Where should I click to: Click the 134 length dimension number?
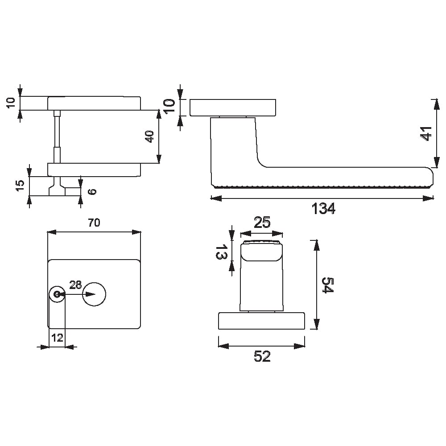323,208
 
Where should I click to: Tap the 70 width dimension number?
94,223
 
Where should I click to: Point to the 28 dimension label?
75,285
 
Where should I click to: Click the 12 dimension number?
57,338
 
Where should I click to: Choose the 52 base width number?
262,356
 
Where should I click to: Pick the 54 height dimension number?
327,285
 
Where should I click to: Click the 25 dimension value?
262,223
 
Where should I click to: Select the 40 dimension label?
149,136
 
